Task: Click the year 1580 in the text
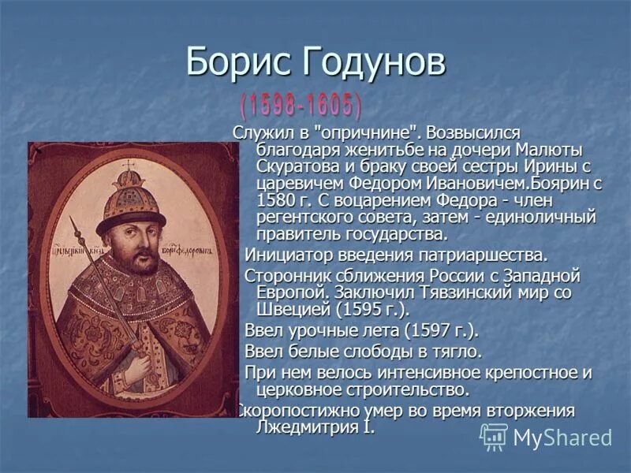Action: click(x=274, y=200)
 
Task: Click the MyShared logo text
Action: click(x=562, y=438)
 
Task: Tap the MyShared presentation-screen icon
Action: click(x=494, y=437)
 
